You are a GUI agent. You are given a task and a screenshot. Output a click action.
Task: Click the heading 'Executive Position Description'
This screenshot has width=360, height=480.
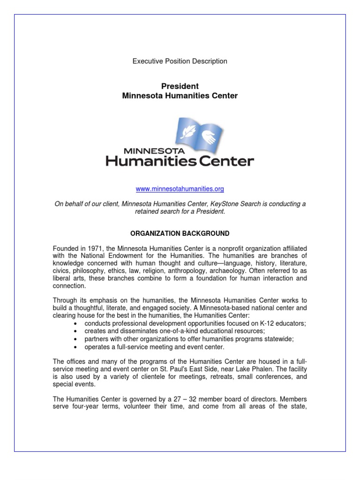[180, 61]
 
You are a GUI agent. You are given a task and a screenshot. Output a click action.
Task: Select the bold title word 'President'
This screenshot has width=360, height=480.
[180, 86]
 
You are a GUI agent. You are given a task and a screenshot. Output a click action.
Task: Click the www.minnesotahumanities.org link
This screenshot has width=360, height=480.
[180, 189]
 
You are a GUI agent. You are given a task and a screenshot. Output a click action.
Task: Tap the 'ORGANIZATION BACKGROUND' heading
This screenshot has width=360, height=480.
[180, 233]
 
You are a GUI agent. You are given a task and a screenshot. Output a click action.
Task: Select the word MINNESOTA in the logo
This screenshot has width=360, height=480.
[148, 151]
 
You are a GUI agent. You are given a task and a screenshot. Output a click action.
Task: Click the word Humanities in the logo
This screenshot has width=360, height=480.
[145, 162]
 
